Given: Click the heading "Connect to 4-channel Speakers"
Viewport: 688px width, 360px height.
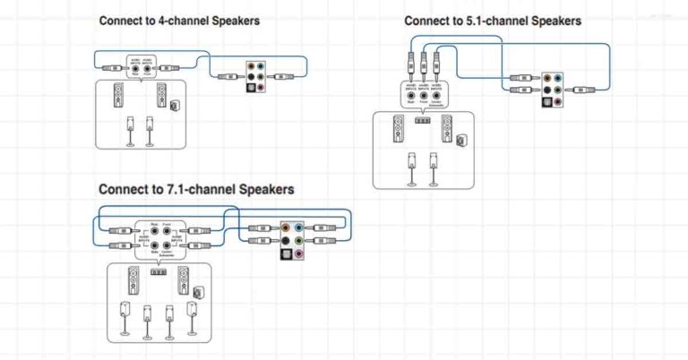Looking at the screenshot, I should pyautogui.click(x=179, y=20).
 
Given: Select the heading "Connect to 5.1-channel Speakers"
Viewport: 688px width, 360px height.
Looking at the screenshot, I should pyautogui.click(x=492, y=21).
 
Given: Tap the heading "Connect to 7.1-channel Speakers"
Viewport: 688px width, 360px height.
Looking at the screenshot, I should pyautogui.click(x=195, y=189).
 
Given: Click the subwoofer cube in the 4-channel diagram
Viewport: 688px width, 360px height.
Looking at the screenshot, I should pyautogui.click(x=174, y=105).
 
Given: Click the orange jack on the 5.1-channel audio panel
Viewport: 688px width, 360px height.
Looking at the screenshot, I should pyautogui.click(x=547, y=78).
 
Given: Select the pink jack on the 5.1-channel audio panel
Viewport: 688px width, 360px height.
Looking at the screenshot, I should pyautogui.click(x=559, y=101).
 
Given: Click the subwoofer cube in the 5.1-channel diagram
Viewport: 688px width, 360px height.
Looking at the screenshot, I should pyautogui.click(x=460, y=140).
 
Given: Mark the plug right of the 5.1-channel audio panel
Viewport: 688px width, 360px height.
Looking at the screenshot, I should pyautogui.click(x=583, y=90).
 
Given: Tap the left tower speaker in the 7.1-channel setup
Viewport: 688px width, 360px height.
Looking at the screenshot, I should pyautogui.click(x=133, y=281).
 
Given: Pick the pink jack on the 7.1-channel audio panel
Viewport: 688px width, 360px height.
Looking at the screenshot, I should pyautogui.click(x=298, y=253).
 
